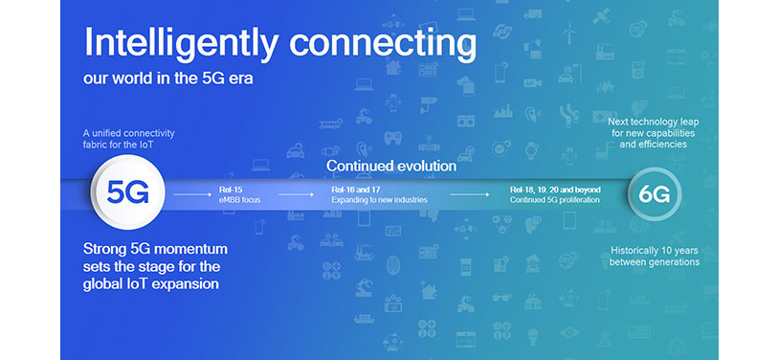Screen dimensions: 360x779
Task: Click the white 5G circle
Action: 128,192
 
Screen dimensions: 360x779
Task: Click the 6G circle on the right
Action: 656,194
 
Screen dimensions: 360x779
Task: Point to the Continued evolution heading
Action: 390,166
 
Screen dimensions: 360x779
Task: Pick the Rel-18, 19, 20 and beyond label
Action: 556,191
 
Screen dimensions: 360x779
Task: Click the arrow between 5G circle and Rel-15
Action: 193,195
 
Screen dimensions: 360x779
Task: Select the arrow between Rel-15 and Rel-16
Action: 294,195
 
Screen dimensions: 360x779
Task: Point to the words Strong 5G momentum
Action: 155,249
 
